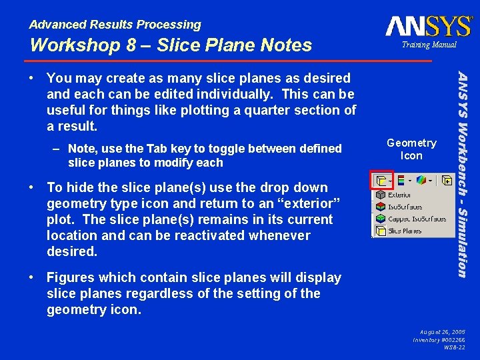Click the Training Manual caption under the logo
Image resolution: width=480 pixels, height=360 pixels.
[x=429, y=45]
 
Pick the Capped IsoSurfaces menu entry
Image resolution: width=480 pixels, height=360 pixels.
[x=408, y=219]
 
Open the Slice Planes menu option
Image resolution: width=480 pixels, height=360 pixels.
[x=404, y=231]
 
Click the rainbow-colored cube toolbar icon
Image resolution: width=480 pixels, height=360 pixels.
[x=420, y=180]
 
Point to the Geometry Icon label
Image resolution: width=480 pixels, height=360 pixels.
[x=411, y=149]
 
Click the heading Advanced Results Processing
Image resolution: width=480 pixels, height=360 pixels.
[x=115, y=25]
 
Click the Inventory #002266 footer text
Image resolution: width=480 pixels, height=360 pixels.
[x=439, y=339]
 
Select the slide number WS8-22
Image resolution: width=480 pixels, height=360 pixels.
[x=454, y=347]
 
